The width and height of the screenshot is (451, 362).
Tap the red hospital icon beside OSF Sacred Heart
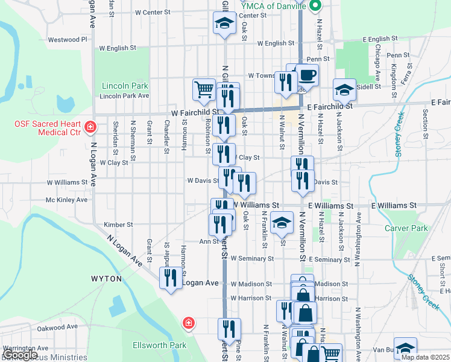[90, 127]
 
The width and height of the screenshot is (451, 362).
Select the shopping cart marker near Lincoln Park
[204, 89]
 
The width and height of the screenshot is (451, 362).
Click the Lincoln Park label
[125, 86]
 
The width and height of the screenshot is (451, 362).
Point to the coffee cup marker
[307, 75]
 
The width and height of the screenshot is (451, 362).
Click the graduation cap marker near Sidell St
[344, 90]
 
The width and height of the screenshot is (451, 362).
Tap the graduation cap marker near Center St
[224, 24]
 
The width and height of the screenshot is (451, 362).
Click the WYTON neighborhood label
[106, 279]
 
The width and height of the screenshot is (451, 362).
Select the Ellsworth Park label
[160, 346]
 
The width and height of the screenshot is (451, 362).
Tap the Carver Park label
[406, 229]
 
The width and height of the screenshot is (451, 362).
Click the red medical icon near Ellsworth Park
[189, 323]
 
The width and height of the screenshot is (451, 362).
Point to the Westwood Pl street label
[68, 40]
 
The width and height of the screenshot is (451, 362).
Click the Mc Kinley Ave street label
[66, 200]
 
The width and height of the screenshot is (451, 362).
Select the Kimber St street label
[118, 224]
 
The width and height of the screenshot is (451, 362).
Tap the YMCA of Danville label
[277, 6]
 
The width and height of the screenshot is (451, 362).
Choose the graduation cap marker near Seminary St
[282, 223]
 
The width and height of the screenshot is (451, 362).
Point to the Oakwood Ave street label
[57, 327]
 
